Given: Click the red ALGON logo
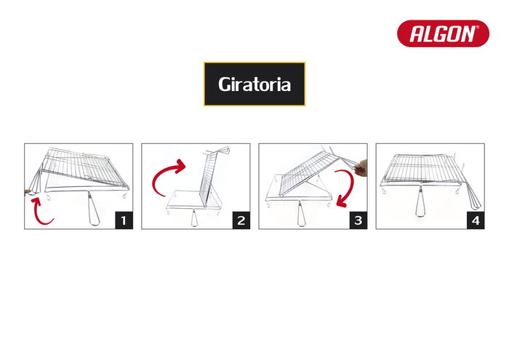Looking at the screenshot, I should point(442,33).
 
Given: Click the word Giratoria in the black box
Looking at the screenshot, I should point(254,84).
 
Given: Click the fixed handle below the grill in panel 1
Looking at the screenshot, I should point(92,211).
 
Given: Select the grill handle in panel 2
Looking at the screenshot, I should point(195,216).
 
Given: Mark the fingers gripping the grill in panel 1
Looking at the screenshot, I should point(30,193).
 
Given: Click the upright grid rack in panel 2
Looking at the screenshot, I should point(208,178).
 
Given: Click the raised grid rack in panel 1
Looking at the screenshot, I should point(84,166).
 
